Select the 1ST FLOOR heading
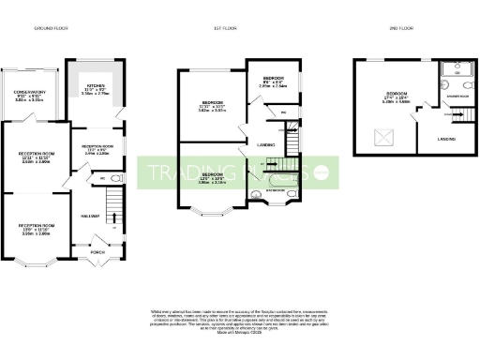coord(237,29)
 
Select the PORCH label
coord(96,250)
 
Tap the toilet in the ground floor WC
coord(115,176)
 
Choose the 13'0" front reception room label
coord(34,229)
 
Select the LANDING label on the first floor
coord(265,144)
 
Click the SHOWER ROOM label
coord(457,96)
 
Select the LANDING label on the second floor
coord(445,139)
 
